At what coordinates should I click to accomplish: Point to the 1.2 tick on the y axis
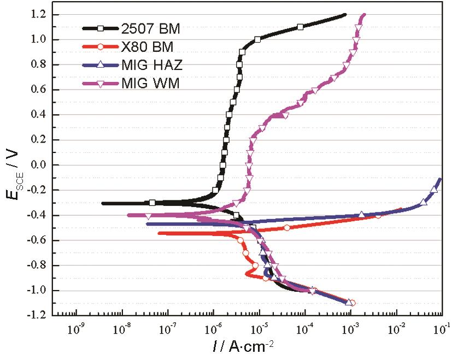pyautogui.click(x=38, y=15)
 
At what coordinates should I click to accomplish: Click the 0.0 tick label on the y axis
pyautogui.click(x=38, y=165)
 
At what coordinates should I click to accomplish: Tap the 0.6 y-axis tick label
pyautogui.click(x=38, y=90)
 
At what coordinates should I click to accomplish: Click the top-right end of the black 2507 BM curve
pyautogui.click(x=345, y=15)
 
